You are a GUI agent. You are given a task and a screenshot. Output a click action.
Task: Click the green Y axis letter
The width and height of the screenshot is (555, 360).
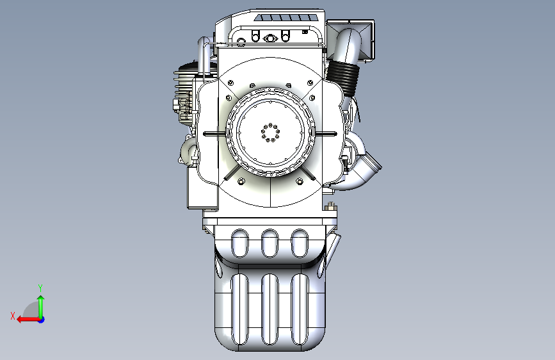(x=40, y=288)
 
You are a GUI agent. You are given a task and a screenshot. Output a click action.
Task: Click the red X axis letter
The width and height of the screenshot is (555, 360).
(x=13, y=316)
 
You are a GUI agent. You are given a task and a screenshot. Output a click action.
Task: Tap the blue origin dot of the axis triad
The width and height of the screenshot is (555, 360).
(x=42, y=320)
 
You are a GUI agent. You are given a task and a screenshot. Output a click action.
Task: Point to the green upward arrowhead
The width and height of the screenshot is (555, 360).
(x=41, y=299)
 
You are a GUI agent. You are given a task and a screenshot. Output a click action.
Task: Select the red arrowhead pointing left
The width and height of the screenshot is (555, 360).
(x=20, y=320)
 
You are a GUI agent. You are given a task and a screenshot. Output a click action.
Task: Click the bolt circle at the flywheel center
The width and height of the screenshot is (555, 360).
(x=270, y=133)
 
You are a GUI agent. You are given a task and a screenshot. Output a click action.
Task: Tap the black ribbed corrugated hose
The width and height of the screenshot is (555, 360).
(x=342, y=79)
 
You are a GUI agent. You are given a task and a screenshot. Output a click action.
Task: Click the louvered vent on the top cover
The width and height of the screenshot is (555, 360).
(x=286, y=18)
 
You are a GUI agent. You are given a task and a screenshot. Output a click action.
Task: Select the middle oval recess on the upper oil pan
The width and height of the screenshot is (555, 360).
(x=269, y=243)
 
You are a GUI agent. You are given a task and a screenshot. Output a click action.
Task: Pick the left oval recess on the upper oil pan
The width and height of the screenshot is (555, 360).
(x=239, y=243)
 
